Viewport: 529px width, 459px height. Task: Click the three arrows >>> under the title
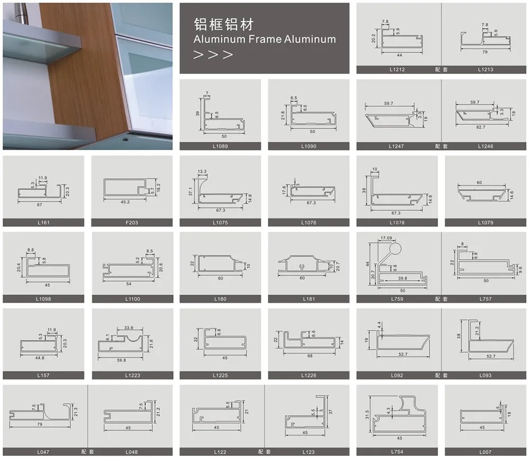click(x=214, y=54)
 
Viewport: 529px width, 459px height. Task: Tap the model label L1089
click(x=220, y=146)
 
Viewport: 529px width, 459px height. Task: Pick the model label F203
click(x=132, y=223)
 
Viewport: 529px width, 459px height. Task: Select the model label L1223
click(x=132, y=375)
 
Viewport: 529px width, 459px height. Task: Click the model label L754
click(x=397, y=452)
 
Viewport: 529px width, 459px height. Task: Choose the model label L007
click(x=485, y=452)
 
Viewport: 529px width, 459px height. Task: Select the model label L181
click(x=308, y=299)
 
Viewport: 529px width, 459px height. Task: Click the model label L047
click(x=43, y=452)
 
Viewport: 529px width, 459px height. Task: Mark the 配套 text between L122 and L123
click(x=264, y=452)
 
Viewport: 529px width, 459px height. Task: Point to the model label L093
click(x=485, y=375)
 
